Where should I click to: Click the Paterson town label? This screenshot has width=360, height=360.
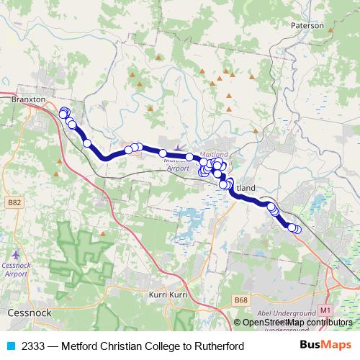point(308,24)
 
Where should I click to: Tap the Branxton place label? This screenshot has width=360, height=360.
point(29,100)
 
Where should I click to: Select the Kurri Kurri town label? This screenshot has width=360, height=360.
point(167,295)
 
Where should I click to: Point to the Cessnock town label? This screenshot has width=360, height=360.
point(27,313)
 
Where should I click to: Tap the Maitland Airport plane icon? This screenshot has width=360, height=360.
point(177,148)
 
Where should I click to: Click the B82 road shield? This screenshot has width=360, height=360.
point(14,203)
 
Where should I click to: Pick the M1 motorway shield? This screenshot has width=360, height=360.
point(326,310)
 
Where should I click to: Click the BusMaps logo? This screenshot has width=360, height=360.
point(325,346)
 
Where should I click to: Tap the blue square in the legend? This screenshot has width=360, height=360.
point(10,346)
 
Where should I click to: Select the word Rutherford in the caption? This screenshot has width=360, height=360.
point(219,346)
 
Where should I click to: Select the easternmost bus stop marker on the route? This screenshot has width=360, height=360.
point(297,229)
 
